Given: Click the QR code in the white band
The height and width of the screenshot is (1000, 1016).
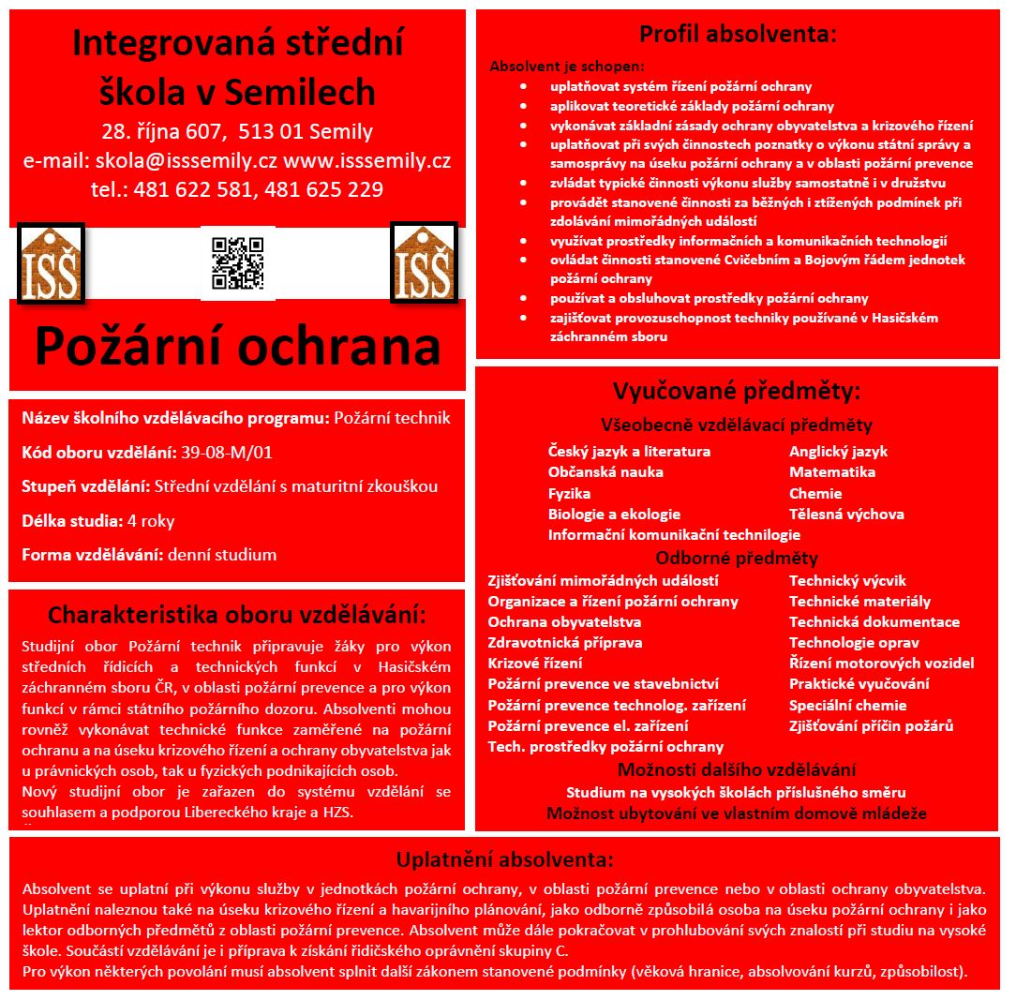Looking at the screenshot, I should point(238,263).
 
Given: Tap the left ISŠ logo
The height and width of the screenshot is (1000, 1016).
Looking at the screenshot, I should point(51,263).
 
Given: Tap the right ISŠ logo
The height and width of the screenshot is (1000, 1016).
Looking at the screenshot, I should point(423,262).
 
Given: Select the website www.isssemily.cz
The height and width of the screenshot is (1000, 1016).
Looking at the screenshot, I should point(367,160).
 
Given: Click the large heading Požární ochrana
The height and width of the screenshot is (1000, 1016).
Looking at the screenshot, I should point(237,346).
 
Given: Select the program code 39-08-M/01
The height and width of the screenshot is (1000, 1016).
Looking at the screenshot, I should point(227,453).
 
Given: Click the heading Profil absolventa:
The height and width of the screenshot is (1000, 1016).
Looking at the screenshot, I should point(738,36).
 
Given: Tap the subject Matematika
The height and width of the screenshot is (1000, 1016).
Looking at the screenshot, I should point(831,472).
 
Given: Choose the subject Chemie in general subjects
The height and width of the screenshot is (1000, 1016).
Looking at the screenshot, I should point(815,493).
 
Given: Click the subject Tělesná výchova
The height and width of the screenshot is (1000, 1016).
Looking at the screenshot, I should point(846,514).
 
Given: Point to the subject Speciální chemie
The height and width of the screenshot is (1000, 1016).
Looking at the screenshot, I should point(847,705).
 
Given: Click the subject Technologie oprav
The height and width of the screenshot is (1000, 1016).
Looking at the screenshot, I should point(853,643).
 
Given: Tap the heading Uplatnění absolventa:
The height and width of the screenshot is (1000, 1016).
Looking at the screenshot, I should point(504,860).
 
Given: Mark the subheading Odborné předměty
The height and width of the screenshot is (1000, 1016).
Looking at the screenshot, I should point(736,559).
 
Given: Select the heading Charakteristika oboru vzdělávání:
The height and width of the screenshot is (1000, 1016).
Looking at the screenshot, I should point(236,616).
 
